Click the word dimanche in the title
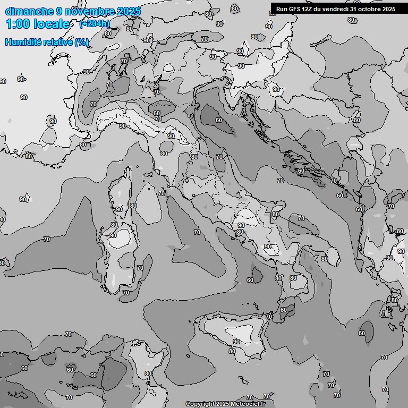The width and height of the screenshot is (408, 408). coord(29,11)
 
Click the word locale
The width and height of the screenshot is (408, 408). coord(50,24)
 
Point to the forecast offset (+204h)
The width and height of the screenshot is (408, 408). coord(95,24)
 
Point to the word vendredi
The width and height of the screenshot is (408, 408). coord(336,8)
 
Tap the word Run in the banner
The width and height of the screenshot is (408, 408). coord(282,8)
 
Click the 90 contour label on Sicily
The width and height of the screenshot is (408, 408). coord(236,342)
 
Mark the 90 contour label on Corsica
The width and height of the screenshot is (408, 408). coord(119,209)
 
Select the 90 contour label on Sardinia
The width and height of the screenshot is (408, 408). coord(113,235)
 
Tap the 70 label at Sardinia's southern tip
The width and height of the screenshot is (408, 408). coord(125,293)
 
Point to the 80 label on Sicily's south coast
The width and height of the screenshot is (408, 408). coord(232,351)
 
